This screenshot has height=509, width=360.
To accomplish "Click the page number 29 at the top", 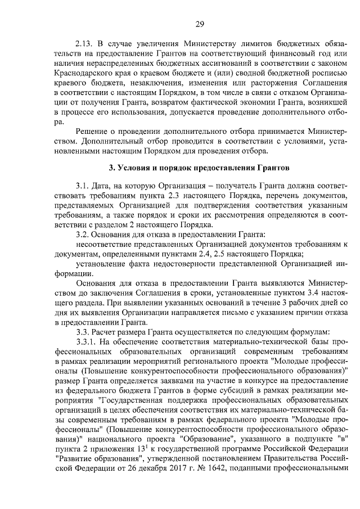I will coord(199,23).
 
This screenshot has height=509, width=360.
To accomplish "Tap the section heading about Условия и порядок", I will coord(199,168).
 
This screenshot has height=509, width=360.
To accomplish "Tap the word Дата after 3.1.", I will coord(108,185).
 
